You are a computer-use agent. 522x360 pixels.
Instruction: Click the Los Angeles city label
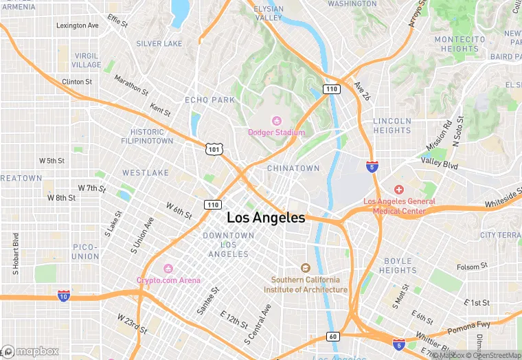click(x=266, y=218)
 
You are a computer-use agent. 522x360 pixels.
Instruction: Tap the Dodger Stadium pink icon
click(x=277, y=121)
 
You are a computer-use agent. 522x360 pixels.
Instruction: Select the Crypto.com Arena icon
click(x=168, y=269)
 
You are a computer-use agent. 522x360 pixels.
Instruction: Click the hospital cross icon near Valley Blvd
click(x=398, y=189)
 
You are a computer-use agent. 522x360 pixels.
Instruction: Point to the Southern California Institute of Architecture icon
click(x=306, y=268)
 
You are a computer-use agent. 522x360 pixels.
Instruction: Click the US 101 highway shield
click(x=214, y=148)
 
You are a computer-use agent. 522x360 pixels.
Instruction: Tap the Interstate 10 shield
click(x=63, y=295)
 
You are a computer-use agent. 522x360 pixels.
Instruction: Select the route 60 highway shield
click(x=332, y=336)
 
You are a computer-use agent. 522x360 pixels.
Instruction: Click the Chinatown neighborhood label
click(x=293, y=168)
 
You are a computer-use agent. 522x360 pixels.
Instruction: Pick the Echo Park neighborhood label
click(x=209, y=100)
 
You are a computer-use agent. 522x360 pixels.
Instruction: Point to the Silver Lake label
click(x=159, y=43)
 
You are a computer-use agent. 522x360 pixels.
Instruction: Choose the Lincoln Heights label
click(x=392, y=126)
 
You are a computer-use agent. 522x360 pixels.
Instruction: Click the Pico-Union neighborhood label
click(x=86, y=251)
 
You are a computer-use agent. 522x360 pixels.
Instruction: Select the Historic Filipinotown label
click(x=152, y=136)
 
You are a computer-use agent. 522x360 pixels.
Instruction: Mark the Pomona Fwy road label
click(x=470, y=328)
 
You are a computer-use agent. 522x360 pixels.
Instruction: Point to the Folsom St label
click(x=473, y=266)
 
